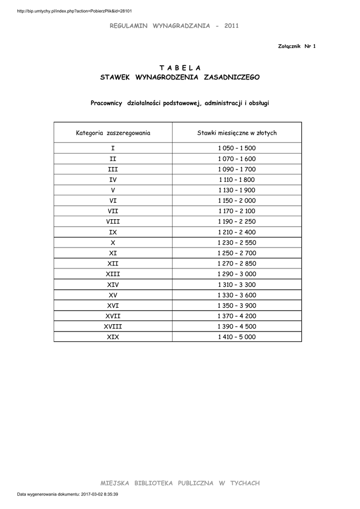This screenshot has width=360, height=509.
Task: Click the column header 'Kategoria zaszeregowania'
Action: click(113, 133)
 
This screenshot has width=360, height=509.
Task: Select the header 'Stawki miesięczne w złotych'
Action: click(237, 133)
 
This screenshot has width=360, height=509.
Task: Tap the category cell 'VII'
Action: click(113, 211)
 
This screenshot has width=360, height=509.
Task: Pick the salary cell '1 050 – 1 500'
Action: click(237, 149)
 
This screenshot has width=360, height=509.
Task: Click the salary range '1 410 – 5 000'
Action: click(237, 337)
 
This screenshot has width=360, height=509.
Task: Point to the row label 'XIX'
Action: click(113, 337)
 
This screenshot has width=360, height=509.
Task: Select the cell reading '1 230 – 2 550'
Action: click(237, 243)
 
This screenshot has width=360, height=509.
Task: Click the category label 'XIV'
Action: click(113, 285)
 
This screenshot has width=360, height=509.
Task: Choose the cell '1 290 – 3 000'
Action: click(237, 274)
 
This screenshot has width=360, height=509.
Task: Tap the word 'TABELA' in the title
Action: click(180, 67)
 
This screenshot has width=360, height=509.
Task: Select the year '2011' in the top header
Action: click(232, 25)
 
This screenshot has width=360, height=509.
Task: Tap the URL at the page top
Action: click(74, 11)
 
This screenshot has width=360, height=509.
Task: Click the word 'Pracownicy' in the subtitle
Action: click(106, 103)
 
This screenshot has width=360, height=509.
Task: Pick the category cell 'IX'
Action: click(113, 232)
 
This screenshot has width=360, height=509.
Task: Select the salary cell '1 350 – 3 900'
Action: click(237, 306)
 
